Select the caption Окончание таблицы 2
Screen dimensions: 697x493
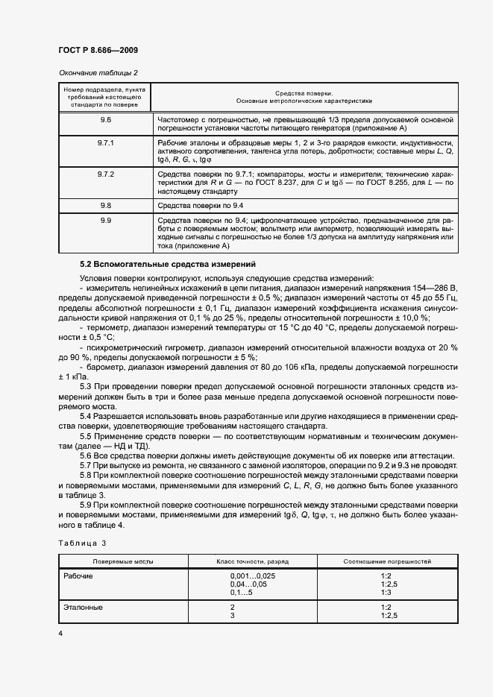(x=97, y=72)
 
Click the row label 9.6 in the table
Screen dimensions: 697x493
(x=105, y=119)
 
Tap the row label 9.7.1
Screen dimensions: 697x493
(x=105, y=142)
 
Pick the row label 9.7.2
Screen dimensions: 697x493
(x=105, y=174)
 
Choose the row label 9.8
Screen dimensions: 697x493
(x=105, y=204)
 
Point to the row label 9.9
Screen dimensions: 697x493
(x=105, y=221)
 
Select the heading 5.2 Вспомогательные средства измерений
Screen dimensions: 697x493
(x=168, y=264)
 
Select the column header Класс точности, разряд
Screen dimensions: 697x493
(x=252, y=560)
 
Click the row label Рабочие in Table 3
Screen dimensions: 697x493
(x=81, y=576)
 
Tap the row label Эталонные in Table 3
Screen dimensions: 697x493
(x=84, y=608)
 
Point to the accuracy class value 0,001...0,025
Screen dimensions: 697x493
(x=253, y=576)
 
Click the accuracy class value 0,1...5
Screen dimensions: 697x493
(x=242, y=592)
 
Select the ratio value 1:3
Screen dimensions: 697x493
(x=386, y=592)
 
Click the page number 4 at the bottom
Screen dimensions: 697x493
(x=60, y=633)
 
